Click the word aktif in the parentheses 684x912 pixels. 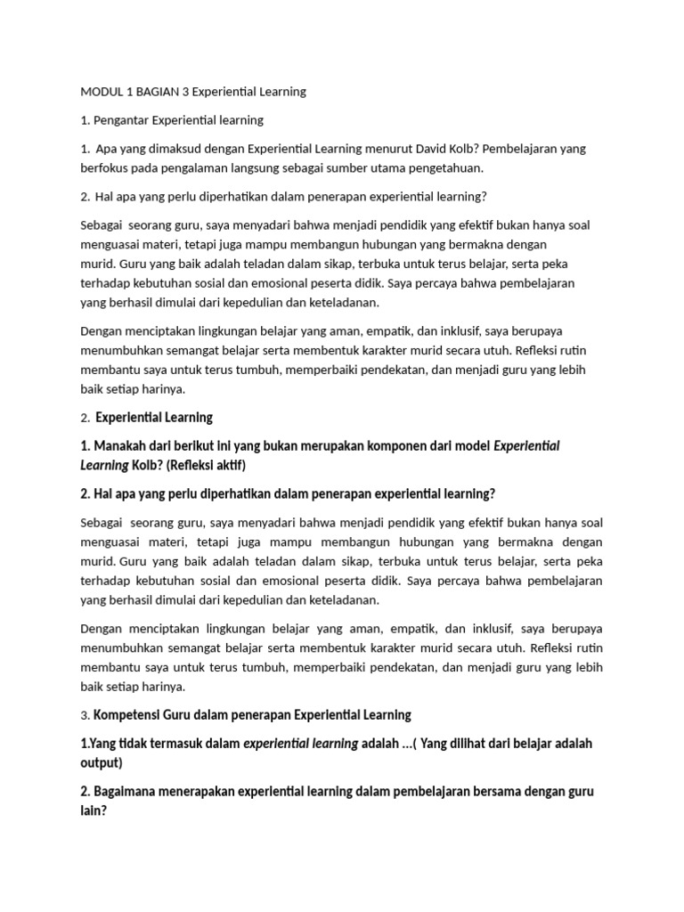point(226,465)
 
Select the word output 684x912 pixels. point(100,762)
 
